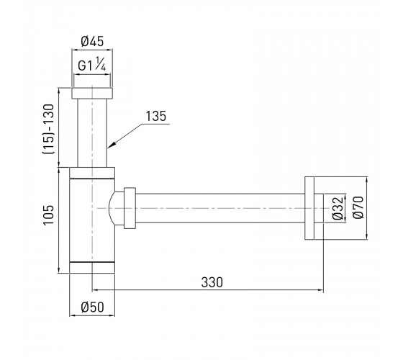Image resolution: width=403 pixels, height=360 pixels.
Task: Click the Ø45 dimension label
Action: pos(92,41)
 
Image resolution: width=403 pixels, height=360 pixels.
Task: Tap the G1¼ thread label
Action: pos(92,64)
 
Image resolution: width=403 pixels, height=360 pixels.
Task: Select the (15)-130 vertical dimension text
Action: pos(49,129)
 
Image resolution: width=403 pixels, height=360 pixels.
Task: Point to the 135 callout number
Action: pos(156,116)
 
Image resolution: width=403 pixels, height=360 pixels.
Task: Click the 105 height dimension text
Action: pos(49,215)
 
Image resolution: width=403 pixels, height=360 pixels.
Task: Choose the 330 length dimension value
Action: pos(212,282)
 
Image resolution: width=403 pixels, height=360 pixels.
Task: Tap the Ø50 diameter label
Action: pos(93,307)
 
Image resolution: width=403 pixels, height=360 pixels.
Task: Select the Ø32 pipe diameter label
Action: pos(338,208)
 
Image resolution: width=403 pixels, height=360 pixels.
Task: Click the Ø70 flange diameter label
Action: pos(358,207)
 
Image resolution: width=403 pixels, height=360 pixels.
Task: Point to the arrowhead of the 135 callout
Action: pos(109,146)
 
